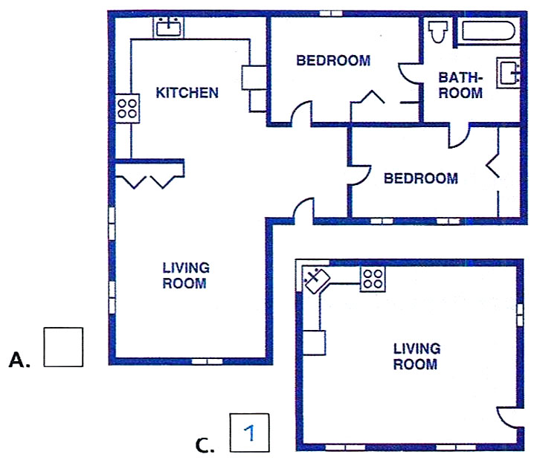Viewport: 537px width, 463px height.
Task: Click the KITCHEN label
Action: point(187,93)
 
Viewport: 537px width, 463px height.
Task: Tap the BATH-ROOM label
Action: point(460,85)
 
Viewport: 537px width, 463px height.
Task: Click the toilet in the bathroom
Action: point(437,31)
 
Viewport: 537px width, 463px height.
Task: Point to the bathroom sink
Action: point(508,73)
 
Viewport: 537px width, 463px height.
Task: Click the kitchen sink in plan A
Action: point(169,27)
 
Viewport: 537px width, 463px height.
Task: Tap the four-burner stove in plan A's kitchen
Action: point(127,109)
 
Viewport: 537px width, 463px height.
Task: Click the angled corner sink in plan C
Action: point(318,281)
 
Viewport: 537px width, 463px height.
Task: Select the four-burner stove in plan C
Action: point(373,279)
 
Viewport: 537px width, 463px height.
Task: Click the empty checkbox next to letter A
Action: point(63,347)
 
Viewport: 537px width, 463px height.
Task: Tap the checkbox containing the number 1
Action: point(249,433)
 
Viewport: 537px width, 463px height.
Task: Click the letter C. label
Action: point(205,445)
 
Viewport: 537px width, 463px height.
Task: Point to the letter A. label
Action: point(19,360)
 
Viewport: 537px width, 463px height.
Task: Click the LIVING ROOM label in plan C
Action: point(417,356)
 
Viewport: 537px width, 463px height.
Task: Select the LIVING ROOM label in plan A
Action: point(186,276)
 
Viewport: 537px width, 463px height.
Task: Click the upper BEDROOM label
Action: point(333,61)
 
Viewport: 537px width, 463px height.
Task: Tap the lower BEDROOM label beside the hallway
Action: point(420,178)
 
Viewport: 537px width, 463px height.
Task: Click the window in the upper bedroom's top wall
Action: point(331,13)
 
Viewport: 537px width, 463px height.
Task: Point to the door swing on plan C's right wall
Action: point(510,417)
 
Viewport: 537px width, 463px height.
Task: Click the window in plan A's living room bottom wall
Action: point(207,361)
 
